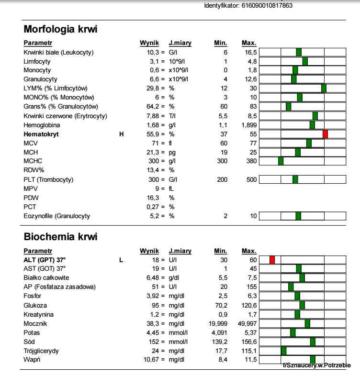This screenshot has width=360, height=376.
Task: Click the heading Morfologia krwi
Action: pyautogui.click(x=60, y=29)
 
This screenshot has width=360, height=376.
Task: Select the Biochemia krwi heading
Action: pyautogui.click(x=60, y=237)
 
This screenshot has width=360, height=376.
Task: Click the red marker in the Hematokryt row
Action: pyautogui.click(x=325, y=134)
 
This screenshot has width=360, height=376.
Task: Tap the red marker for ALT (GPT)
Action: pyautogui.click(x=272, y=260)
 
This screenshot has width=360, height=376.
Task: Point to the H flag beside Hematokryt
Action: pyautogui.click(x=122, y=134)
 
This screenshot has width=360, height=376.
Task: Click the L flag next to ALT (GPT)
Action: pyautogui.click(x=121, y=260)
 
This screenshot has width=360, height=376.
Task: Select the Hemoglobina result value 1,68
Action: pyautogui.click(x=153, y=125)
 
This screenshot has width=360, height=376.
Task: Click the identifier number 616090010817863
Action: pyautogui.click(x=267, y=6)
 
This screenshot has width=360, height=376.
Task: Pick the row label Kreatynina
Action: pyautogui.click(x=38, y=315)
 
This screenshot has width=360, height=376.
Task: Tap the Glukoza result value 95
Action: pyautogui.click(x=155, y=306)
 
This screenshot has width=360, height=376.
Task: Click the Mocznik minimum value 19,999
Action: pyautogui.click(x=218, y=324)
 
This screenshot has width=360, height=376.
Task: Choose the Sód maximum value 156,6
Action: pyautogui.click(x=249, y=342)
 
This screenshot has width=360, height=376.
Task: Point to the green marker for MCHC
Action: pyautogui.click(x=281, y=161)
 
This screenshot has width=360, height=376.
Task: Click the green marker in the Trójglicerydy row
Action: pyautogui.click(x=284, y=351)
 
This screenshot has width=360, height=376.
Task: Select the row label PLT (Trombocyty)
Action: pyautogui.click(x=48, y=179)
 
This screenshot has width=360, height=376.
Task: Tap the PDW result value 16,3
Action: pyautogui.click(x=153, y=198)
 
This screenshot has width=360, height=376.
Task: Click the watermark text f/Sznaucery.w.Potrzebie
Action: pyautogui.click(x=316, y=365)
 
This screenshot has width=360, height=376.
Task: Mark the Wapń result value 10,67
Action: pyautogui.click(x=151, y=360)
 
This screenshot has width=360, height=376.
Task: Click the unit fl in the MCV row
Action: pyautogui.click(x=170, y=144)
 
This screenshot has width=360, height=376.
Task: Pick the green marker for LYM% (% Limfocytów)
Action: pyautogui.click(x=324, y=88)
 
